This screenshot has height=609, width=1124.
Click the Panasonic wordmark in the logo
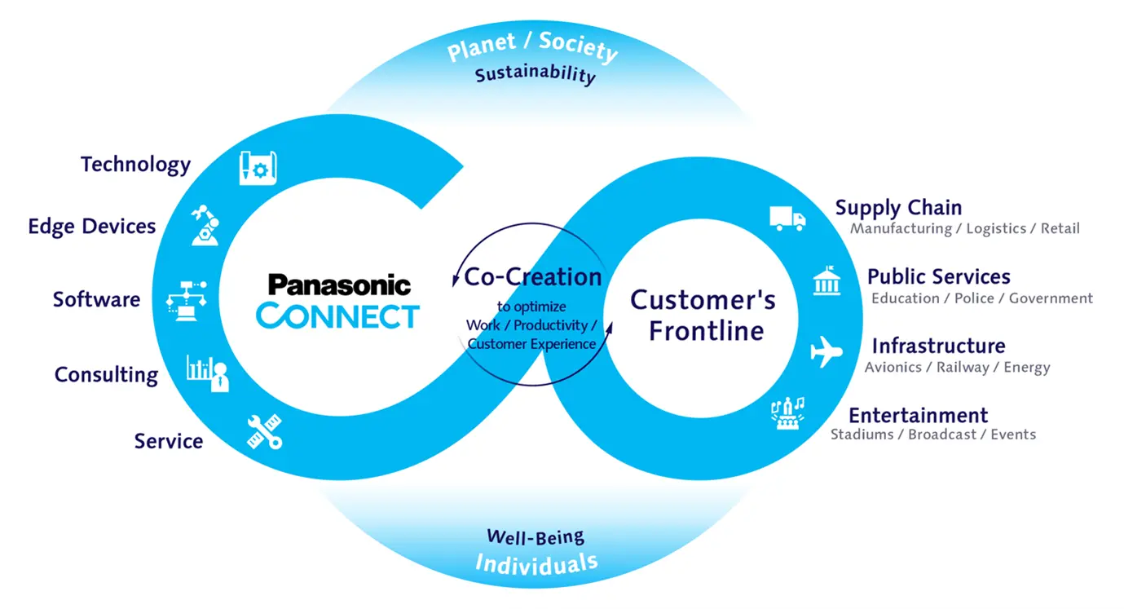coord(339,285)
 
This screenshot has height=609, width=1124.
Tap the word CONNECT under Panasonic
coord(337,316)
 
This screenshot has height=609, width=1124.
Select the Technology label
coord(135,165)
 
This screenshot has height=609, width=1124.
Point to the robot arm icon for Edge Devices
coord(205,225)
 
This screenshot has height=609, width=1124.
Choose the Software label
coord(96,299)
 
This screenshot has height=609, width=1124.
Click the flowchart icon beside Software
coord(186,300)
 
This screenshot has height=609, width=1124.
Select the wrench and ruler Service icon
coord(265,431)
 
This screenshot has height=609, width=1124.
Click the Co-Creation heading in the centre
coord(533,276)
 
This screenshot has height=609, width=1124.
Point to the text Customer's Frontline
coord(703,315)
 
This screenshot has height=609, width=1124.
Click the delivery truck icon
coord(787,218)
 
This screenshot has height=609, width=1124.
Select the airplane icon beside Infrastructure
coord(826,353)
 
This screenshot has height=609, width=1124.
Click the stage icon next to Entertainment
coord(787,413)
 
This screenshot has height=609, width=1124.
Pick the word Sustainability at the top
coord(536,75)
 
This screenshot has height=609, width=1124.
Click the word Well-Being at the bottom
coord(536,536)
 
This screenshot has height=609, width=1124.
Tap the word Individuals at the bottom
coord(536,563)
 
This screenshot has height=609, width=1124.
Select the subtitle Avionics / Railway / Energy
coord(957,368)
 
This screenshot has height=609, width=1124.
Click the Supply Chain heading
coord(898,208)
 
